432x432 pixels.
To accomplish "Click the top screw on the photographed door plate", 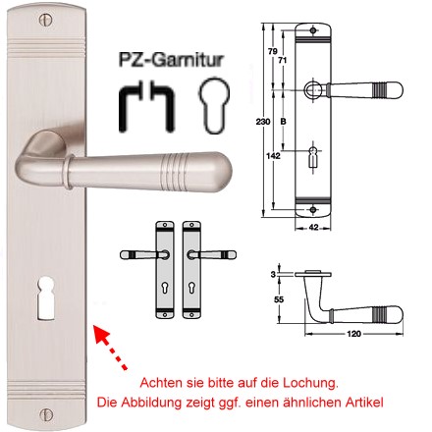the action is [x=46, y=21].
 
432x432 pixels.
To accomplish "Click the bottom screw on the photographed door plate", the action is [x=46, y=414].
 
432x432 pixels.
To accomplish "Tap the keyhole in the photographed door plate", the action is [x=45, y=298].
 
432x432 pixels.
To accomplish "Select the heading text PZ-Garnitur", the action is [x=171, y=60].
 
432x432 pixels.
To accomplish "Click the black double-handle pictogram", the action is [x=146, y=105].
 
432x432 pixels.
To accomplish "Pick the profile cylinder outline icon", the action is [x=214, y=105].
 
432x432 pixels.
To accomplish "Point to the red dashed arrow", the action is [x=111, y=348].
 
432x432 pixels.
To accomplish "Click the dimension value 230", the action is [x=263, y=122].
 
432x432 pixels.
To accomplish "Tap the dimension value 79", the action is [x=273, y=51].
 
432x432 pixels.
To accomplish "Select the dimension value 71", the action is [x=283, y=60].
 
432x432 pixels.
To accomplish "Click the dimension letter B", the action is [x=283, y=122].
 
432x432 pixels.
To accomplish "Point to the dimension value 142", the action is [x=273, y=156].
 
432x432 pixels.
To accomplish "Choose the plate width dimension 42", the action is [x=313, y=227].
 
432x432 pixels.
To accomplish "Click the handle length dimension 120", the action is [x=353, y=334].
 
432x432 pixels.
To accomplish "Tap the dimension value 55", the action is [x=279, y=299].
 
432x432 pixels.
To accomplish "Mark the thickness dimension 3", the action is [x=273, y=274].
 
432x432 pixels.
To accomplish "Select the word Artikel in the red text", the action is [x=364, y=403].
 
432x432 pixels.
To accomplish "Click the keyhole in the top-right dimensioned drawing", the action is [x=313, y=157].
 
